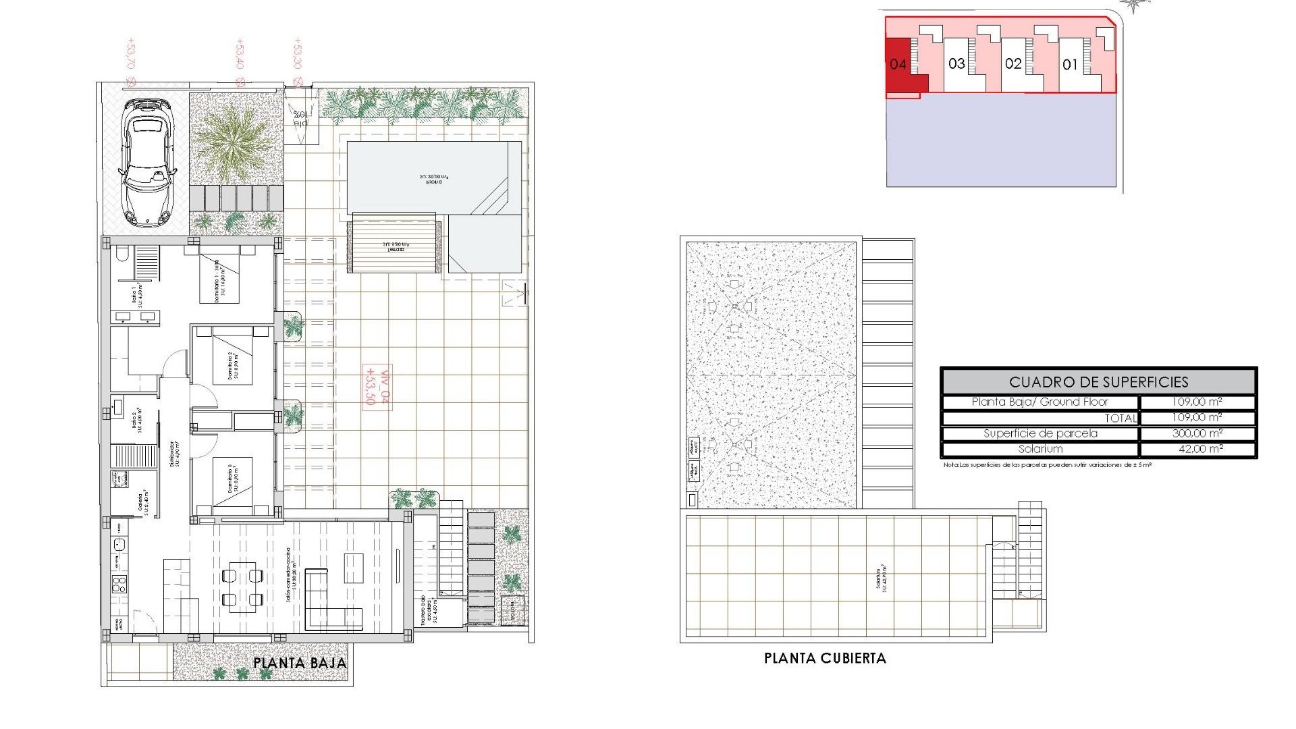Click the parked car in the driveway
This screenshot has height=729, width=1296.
coord(148,162)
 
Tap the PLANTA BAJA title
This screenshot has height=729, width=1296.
coord(300,663)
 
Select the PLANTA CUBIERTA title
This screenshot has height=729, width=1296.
coord(825,658)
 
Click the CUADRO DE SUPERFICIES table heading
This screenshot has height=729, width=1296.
coord(1098,382)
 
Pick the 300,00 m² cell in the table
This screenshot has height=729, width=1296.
coord(1197,433)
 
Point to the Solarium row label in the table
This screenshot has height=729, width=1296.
coord(1040,449)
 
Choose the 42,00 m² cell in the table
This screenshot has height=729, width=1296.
coord(1197,449)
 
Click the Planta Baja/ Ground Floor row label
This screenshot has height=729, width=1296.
coord(1040,402)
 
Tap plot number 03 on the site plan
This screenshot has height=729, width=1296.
coord(956,64)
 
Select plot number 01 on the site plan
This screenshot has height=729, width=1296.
coord(1070,65)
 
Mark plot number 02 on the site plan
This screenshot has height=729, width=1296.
coord(1013,64)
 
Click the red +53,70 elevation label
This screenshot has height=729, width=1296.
coord(130,54)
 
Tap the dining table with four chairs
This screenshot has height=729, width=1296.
coord(242,587)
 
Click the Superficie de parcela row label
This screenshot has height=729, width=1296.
coord(1040,433)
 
